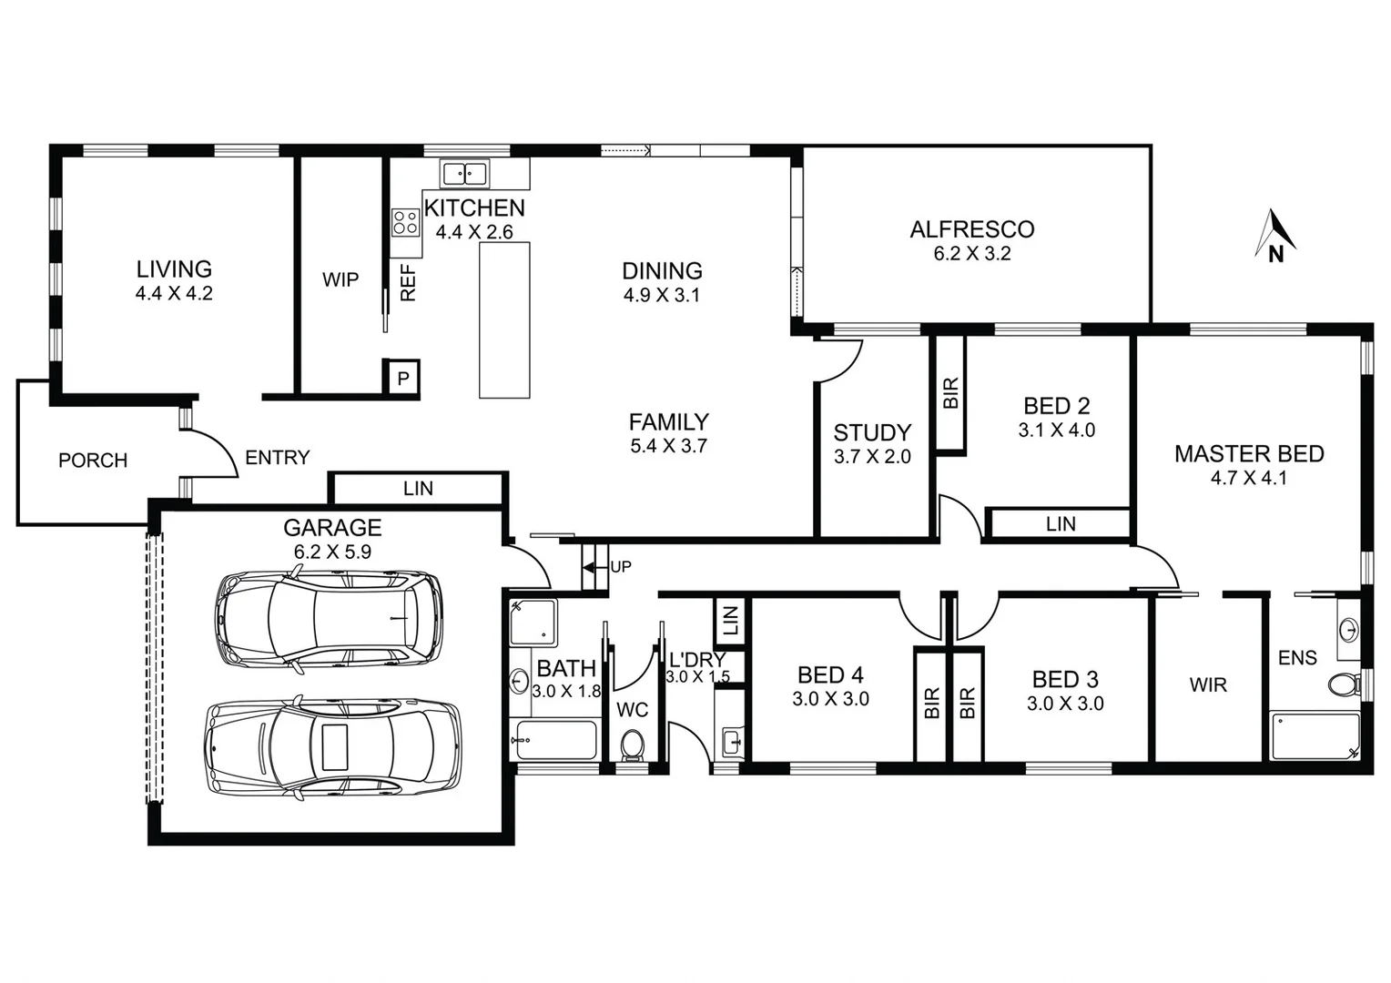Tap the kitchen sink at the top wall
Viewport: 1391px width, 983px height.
click(464, 173)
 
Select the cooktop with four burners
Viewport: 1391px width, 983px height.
click(405, 222)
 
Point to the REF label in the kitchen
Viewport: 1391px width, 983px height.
click(408, 283)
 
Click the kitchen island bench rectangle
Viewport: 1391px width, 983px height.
click(504, 319)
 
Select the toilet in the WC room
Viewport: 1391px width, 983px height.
click(632, 745)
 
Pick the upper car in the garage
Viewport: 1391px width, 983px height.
click(329, 619)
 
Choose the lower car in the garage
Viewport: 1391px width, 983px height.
click(333, 747)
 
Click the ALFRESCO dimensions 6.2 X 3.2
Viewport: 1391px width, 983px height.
click(971, 254)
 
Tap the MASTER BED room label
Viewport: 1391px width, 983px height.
click(1248, 453)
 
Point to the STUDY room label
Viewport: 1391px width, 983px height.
click(871, 432)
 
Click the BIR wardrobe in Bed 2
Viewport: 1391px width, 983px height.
click(950, 393)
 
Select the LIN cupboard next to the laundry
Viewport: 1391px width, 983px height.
click(730, 621)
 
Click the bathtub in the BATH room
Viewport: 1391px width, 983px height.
click(554, 740)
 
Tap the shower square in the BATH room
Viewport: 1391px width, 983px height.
click(533, 622)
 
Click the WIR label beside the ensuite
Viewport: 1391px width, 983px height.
click(1207, 684)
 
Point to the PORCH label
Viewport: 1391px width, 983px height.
click(93, 461)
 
